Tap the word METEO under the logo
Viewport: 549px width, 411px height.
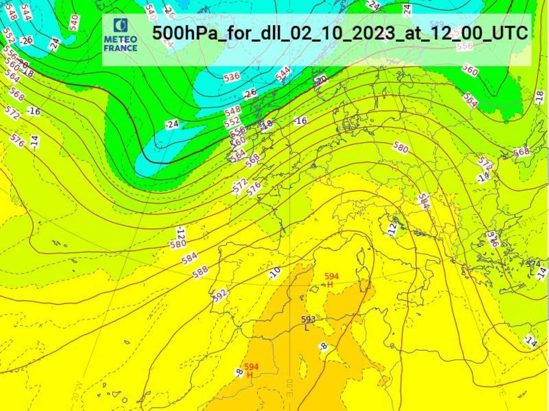[120, 40]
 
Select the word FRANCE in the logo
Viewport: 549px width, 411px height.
[120, 48]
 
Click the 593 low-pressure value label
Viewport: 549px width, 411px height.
[308, 319]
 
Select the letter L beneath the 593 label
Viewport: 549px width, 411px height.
[307, 328]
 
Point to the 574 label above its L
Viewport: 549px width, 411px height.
[533, 264]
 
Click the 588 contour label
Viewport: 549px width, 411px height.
[200, 272]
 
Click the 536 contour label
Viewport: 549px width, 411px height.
[232, 77]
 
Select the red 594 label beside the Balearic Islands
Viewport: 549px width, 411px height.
[331, 277]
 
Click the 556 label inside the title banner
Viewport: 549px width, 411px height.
[465, 46]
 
